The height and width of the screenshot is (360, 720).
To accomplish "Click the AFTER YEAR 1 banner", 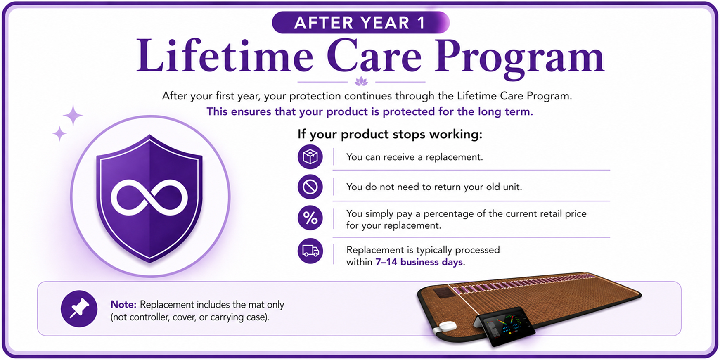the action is click(x=360, y=22).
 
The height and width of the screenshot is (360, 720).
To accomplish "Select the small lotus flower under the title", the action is click(x=361, y=81).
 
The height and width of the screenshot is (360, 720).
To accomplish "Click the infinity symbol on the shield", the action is click(x=149, y=198).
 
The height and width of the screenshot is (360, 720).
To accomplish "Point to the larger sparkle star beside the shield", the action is click(x=73, y=115).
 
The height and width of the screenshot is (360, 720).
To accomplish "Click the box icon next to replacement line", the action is click(x=310, y=157).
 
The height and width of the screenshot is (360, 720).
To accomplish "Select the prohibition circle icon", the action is click(x=310, y=187).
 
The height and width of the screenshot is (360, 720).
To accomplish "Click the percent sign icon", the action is click(x=310, y=218).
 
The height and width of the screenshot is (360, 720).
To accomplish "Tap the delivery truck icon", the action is click(x=310, y=251).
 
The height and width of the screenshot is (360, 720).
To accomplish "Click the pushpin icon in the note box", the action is click(x=79, y=309).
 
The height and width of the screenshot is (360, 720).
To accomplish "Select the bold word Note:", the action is click(x=123, y=305).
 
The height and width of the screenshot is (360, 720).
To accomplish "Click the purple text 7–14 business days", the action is click(x=419, y=262).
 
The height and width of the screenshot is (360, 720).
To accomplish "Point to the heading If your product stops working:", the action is click(x=390, y=135).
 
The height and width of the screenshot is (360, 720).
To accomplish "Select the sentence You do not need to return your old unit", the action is click(x=434, y=187).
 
